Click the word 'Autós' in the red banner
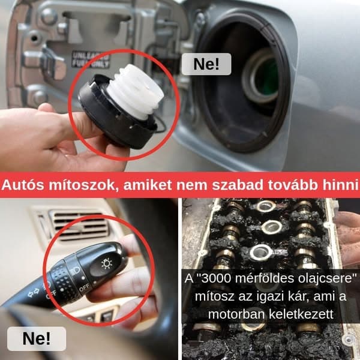coord(23,185)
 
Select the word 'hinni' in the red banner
coord(338,185)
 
